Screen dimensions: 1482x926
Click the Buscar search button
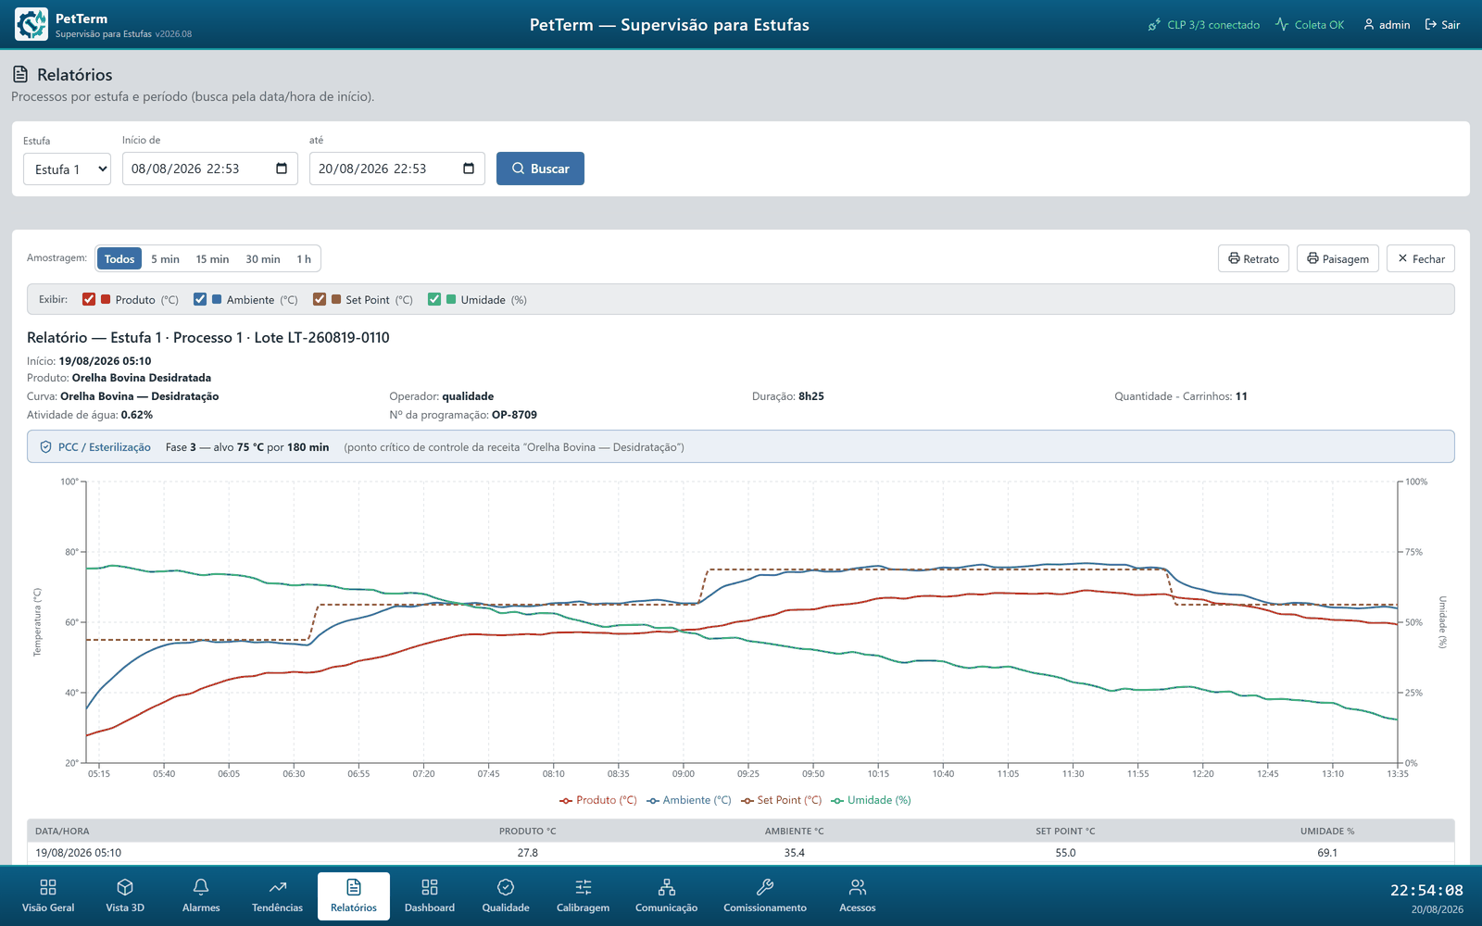tap(540, 169)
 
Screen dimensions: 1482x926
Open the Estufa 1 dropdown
tap(67, 169)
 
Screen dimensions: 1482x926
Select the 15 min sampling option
tap(212, 258)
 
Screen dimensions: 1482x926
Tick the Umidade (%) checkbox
tap(434, 300)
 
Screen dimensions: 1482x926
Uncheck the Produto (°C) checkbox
tap(89, 300)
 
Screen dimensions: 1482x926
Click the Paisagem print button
tap(1338, 258)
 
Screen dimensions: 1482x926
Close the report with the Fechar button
tap(1421, 258)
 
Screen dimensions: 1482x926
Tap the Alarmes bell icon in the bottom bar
tap(201, 887)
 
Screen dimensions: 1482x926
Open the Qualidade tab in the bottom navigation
tap(506, 896)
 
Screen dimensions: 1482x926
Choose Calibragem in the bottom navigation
tap(583, 896)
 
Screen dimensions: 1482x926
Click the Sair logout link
tap(1442, 24)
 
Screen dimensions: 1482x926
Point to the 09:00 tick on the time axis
tap(684, 773)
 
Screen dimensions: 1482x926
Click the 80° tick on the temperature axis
tap(71, 552)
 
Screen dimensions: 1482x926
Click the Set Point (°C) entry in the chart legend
tap(782, 800)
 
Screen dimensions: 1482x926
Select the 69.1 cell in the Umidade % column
tap(1327, 853)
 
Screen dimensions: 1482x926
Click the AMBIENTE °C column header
tap(794, 831)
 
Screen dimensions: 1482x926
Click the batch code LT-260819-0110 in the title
tap(338, 337)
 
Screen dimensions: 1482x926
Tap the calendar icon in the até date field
tap(469, 169)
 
